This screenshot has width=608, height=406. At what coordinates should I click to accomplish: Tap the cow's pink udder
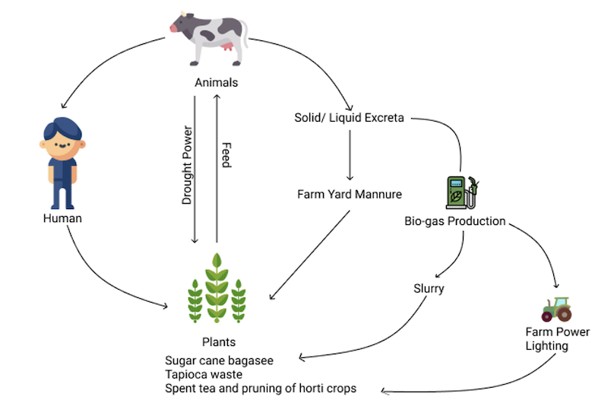pyautogui.click(x=226, y=47)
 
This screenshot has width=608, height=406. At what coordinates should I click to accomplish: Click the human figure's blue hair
pyautogui.click(x=62, y=128)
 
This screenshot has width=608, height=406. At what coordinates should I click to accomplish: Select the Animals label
pyautogui.click(x=217, y=83)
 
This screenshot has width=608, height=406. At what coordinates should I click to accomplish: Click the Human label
pyautogui.click(x=62, y=218)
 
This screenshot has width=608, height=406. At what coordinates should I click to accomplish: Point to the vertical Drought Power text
pyautogui.click(x=187, y=165)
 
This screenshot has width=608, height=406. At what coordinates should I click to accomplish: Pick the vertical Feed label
pyautogui.click(x=226, y=155)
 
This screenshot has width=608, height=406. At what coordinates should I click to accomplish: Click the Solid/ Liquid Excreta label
pyautogui.click(x=349, y=118)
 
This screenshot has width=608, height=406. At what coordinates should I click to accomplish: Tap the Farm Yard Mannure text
pyautogui.click(x=350, y=194)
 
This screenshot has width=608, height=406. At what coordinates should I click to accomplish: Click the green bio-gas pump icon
pyautogui.click(x=462, y=192)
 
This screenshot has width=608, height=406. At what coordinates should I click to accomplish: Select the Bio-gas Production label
pyautogui.click(x=454, y=221)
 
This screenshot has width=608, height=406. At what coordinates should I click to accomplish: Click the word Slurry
pyautogui.click(x=429, y=288)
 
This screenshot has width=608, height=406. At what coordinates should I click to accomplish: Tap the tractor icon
pyautogui.click(x=556, y=309)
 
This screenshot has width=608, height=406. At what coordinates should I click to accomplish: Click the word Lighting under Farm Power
pyautogui.click(x=546, y=346)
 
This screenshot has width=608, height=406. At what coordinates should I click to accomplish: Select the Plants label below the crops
pyautogui.click(x=219, y=342)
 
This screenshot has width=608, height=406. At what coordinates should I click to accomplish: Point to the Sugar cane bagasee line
pyautogui.click(x=219, y=360)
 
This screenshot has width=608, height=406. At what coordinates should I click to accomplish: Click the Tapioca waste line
pyautogui.click(x=204, y=375)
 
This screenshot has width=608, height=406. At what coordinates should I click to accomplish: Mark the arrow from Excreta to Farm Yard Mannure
pyautogui.click(x=350, y=155)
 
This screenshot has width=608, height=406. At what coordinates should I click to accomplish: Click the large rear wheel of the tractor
pyautogui.click(x=564, y=314)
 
